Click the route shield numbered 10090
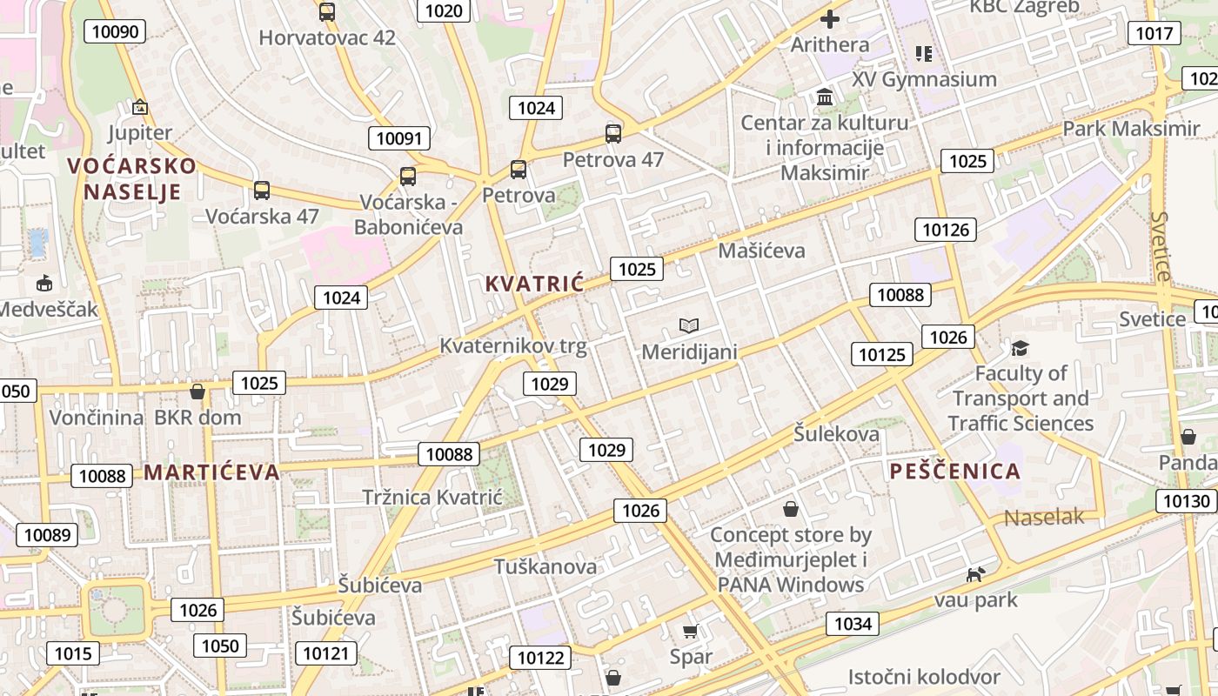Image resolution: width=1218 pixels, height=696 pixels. [x=115, y=32]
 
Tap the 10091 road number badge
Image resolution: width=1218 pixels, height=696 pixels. [x=399, y=138]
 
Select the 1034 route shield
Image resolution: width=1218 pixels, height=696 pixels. [x=853, y=623]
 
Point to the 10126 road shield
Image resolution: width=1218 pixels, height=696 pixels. [x=945, y=230]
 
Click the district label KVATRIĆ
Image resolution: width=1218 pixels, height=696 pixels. [x=534, y=284]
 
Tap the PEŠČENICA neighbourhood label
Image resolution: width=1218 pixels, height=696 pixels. [x=954, y=472]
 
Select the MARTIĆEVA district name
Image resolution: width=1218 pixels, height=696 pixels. [x=211, y=472]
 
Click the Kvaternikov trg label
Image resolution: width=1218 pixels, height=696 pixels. [x=513, y=346]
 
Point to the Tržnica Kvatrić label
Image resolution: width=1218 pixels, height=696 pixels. [x=432, y=498]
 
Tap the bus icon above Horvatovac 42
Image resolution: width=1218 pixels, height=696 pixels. [x=327, y=12]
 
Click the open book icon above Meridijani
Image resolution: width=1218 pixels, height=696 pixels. [x=689, y=326]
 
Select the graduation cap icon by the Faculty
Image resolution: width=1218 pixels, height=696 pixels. [x=1020, y=349]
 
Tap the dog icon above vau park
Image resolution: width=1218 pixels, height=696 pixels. [x=976, y=574]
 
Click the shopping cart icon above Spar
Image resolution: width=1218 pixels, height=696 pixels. [x=691, y=631]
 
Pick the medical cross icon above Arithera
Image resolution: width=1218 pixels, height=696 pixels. [x=830, y=18]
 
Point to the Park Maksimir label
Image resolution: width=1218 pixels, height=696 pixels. [x=1131, y=129]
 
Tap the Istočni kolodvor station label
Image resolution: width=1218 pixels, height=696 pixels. [x=924, y=677]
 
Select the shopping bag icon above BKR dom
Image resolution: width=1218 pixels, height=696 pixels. [x=197, y=391]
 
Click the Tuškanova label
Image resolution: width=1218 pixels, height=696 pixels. [x=545, y=567]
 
